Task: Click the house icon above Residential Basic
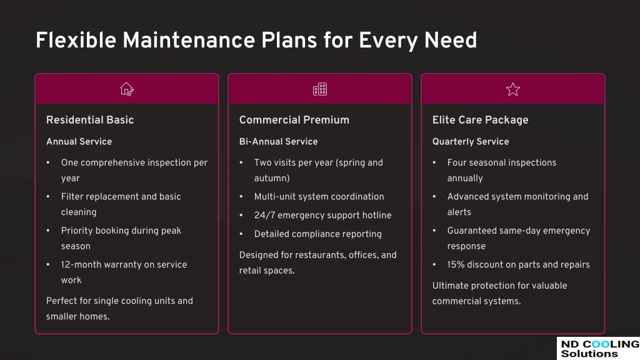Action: point(127,89)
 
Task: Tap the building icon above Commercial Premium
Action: point(320,89)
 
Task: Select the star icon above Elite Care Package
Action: point(513,89)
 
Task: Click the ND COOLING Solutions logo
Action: point(599,349)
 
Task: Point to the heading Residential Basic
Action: point(90,120)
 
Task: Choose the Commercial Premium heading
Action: point(294,120)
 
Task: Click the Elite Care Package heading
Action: point(481,120)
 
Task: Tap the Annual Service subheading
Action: point(79,142)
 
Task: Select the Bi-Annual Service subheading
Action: point(278,142)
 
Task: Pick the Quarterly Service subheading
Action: point(471,142)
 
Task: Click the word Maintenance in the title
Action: point(189,41)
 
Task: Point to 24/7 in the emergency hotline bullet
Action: point(264,215)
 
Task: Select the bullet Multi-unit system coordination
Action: point(319,197)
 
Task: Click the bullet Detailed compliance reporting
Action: point(318,234)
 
